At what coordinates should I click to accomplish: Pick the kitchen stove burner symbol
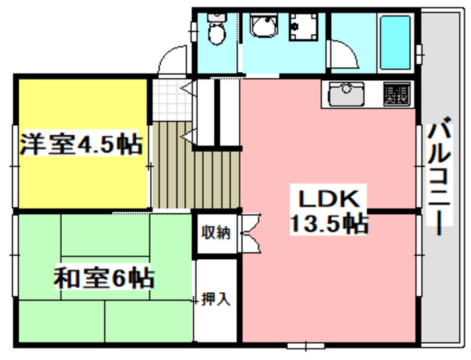(396, 93)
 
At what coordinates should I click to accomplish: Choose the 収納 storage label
(216, 233)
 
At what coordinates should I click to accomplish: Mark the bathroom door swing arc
(341, 56)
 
